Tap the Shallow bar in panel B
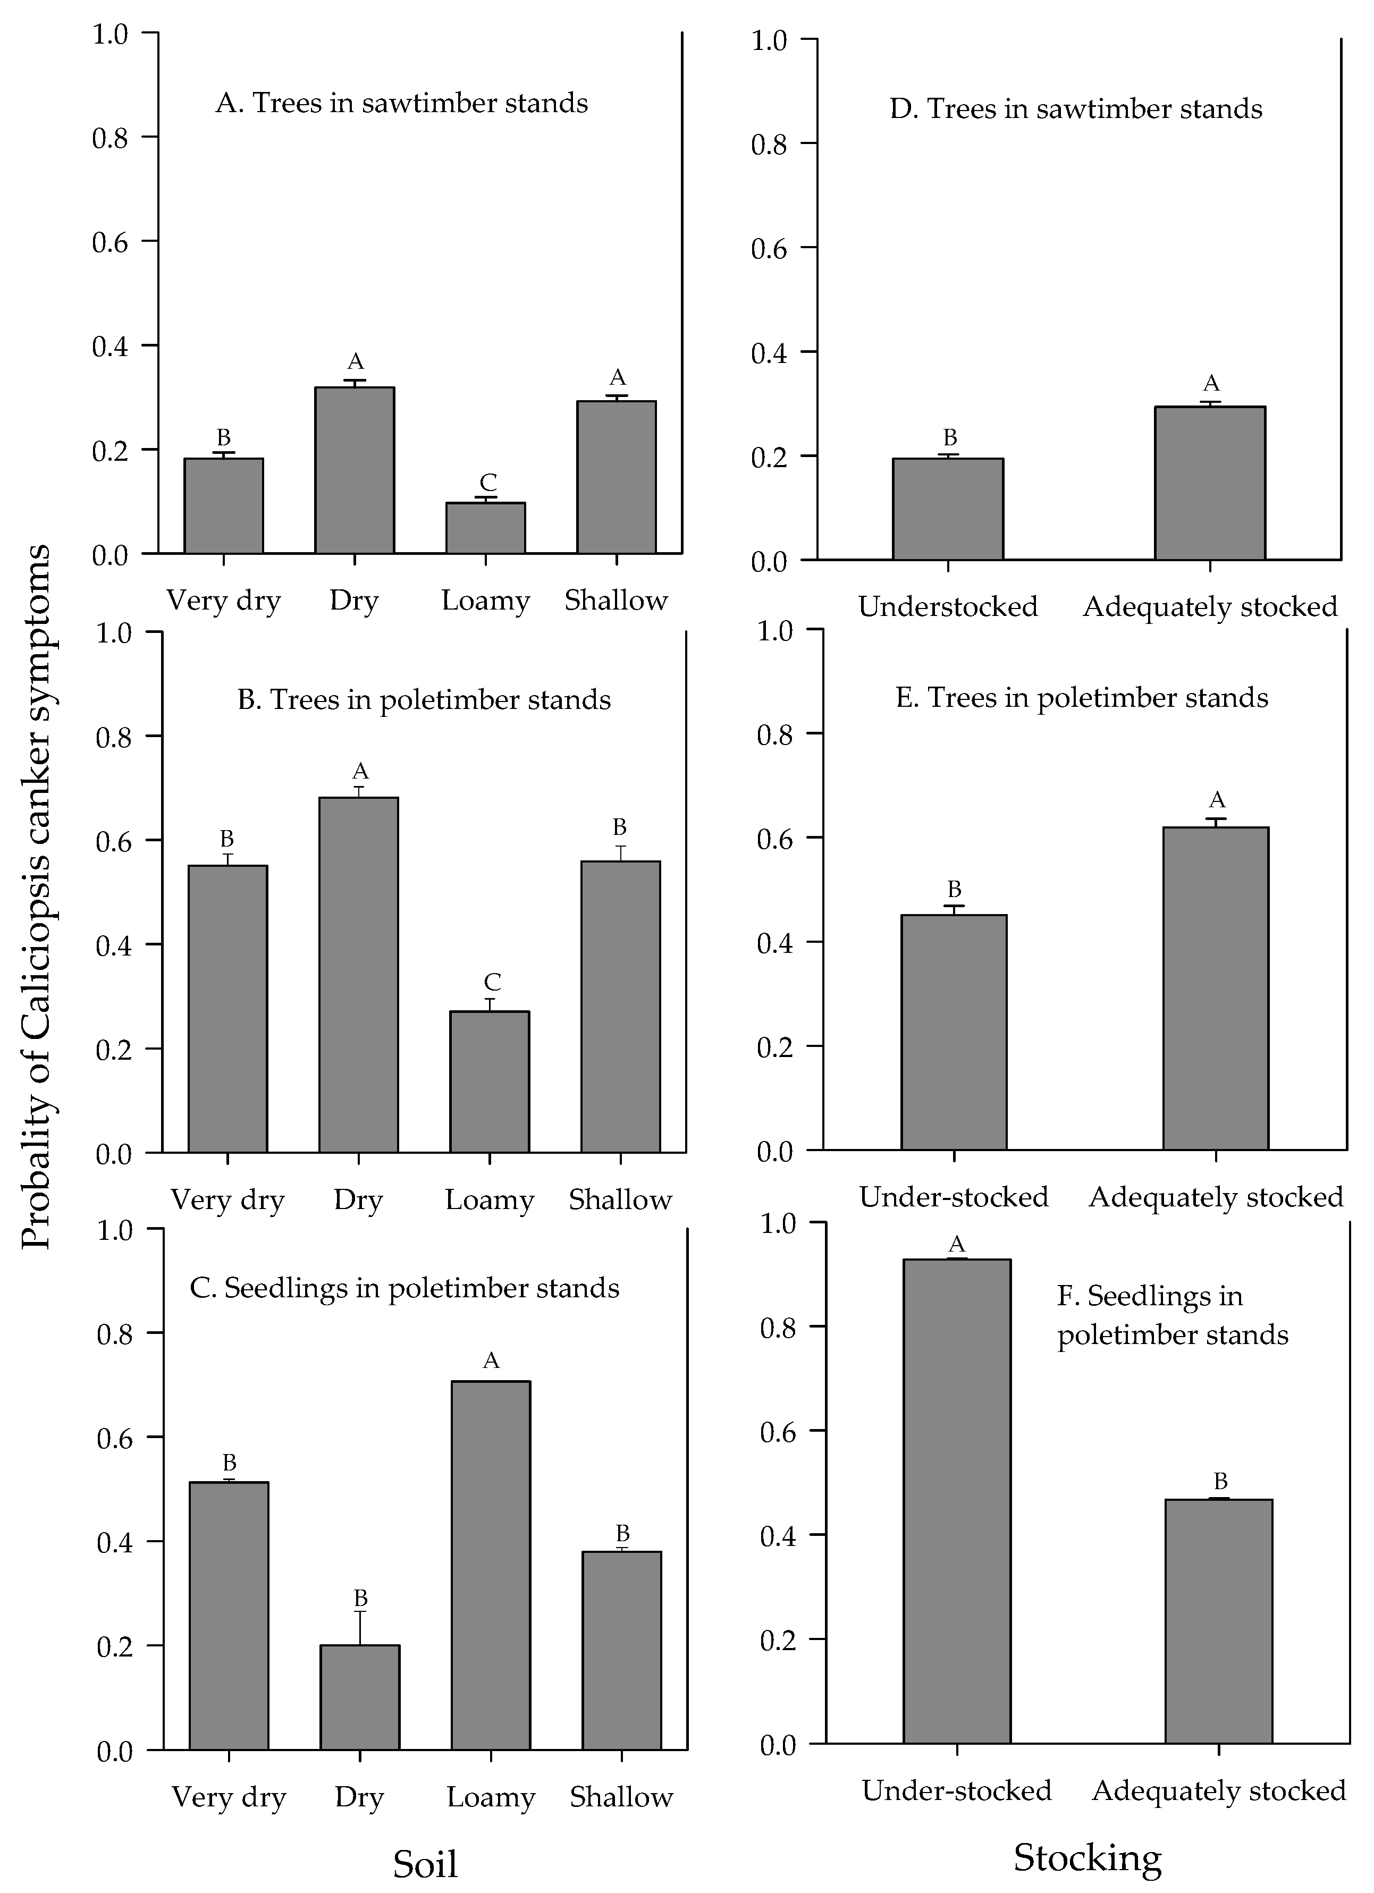tap(620, 1006)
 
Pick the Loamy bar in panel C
tap(490, 1565)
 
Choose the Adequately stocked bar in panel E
tap(1216, 988)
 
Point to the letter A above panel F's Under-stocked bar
tap(957, 1245)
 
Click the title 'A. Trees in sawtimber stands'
tap(401, 104)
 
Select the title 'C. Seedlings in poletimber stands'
tap(405, 1288)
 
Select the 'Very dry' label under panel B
tap(228, 1200)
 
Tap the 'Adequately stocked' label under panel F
tap(1219, 1791)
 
